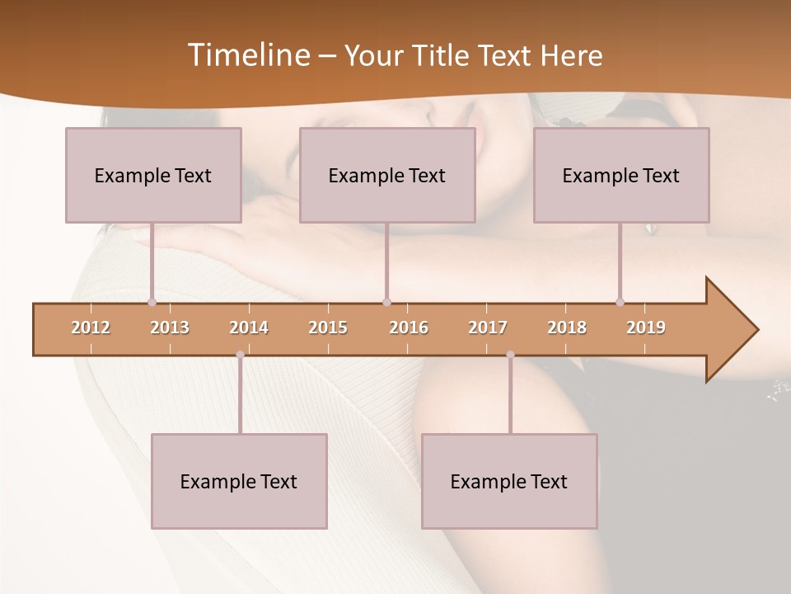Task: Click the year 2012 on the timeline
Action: click(x=91, y=328)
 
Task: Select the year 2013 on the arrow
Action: click(x=170, y=328)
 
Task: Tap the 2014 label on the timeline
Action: click(x=249, y=328)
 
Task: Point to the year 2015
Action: click(x=328, y=328)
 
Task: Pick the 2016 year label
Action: click(x=409, y=328)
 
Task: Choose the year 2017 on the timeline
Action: click(x=488, y=328)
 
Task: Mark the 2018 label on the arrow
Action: click(x=567, y=328)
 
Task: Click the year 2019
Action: click(x=646, y=328)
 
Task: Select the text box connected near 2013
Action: click(x=153, y=175)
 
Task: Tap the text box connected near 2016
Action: click(x=387, y=175)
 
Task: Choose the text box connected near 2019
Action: click(x=621, y=175)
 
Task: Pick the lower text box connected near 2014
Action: click(x=239, y=481)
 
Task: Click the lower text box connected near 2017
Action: click(x=509, y=481)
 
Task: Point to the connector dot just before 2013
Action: click(x=152, y=302)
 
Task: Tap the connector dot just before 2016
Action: click(x=386, y=302)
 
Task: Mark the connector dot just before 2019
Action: click(x=620, y=302)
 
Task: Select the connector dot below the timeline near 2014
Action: click(x=240, y=355)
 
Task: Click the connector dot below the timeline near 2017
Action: click(x=510, y=355)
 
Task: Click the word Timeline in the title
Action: click(x=247, y=54)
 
